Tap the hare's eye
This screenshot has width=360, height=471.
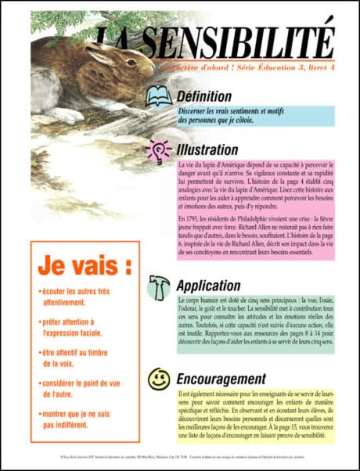130,62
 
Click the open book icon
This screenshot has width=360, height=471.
159,96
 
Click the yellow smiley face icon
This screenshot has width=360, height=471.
159,379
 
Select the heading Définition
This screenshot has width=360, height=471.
205,96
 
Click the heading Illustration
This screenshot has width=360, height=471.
207,149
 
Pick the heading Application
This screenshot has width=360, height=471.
208,286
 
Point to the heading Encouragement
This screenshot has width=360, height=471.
221,379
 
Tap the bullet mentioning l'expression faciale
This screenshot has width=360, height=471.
74,326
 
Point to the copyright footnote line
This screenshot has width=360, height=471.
180,454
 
